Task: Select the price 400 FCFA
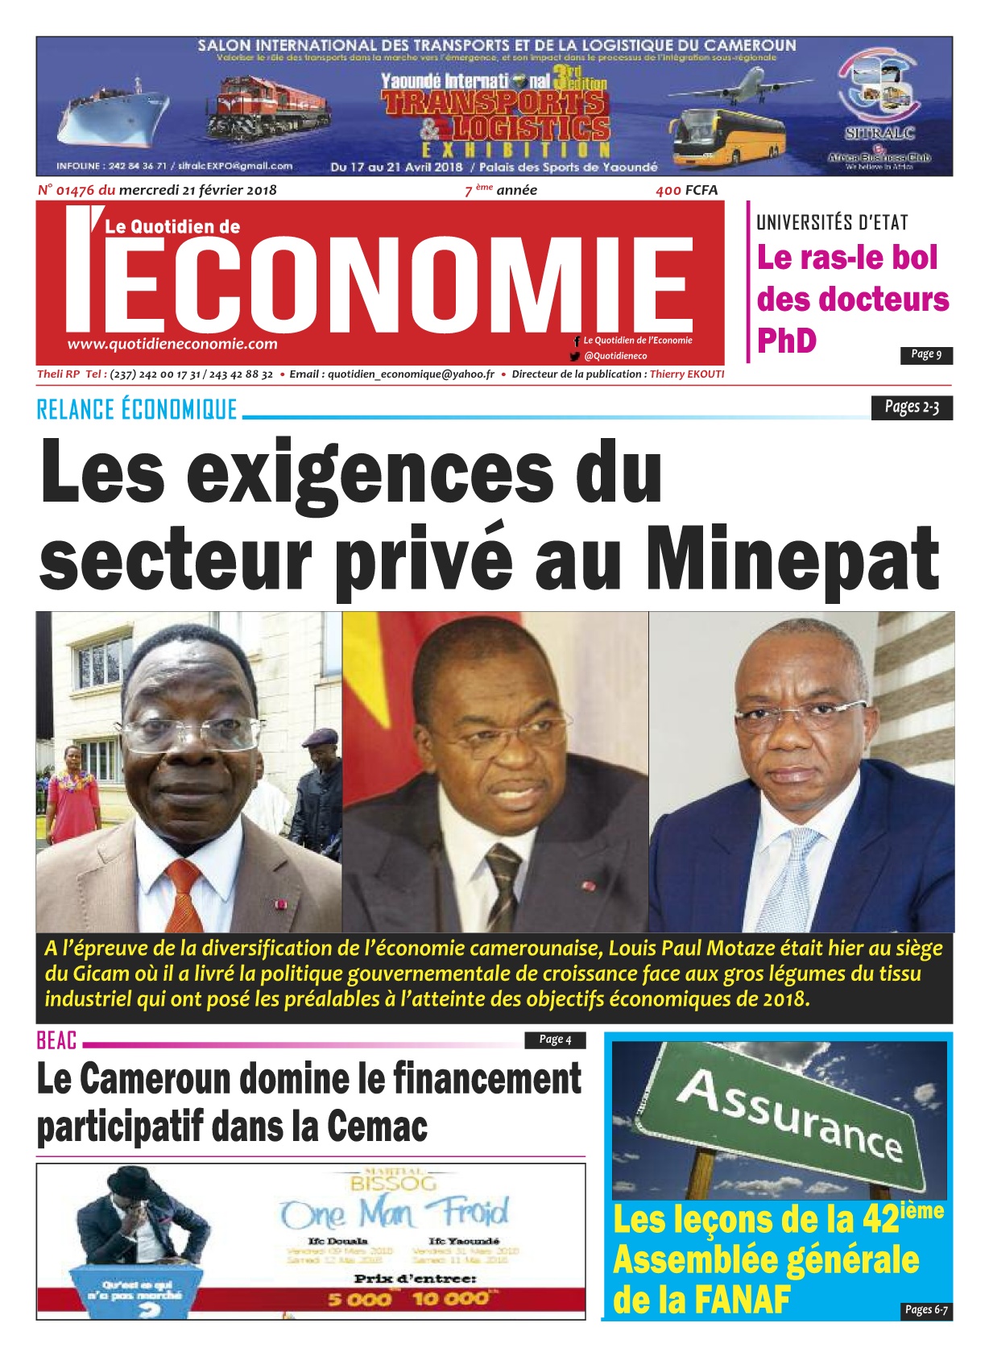click(686, 190)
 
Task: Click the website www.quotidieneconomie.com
click(172, 344)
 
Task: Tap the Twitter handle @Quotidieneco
click(615, 356)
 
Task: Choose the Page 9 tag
click(925, 354)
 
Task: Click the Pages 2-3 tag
click(911, 407)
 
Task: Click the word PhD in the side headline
click(787, 341)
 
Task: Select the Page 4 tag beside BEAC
click(555, 1040)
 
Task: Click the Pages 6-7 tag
click(925, 1310)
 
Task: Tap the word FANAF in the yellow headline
click(742, 1300)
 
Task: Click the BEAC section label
click(56, 1040)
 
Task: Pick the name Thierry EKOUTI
click(686, 374)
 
